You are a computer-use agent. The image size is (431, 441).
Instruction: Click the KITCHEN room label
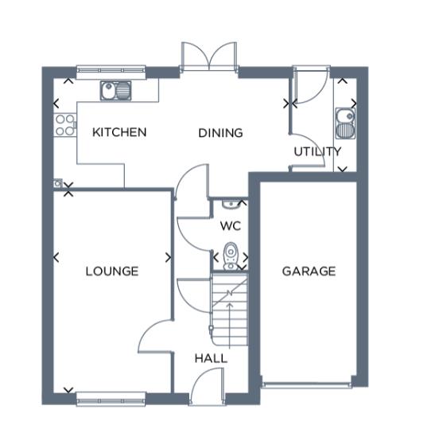[119, 132]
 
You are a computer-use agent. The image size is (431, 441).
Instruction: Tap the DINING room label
[220, 133]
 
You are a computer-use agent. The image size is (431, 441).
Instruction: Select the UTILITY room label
[317, 151]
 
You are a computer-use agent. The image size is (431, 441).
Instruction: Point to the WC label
[230, 226]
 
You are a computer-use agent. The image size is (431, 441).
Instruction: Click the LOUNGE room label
[112, 271]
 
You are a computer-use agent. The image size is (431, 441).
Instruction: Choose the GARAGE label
[309, 271]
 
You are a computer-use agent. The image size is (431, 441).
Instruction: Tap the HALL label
[211, 359]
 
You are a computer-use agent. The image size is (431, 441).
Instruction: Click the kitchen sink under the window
[116, 90]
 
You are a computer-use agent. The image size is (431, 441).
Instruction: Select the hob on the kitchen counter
[64, 125]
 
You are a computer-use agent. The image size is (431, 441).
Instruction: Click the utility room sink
[346, 122]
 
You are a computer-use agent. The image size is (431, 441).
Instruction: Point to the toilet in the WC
[231, 254]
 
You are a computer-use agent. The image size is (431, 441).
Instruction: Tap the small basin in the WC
[230, 205]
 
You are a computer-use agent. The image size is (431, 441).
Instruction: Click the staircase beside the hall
[229, 312]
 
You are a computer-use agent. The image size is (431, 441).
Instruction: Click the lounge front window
[111, 396]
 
